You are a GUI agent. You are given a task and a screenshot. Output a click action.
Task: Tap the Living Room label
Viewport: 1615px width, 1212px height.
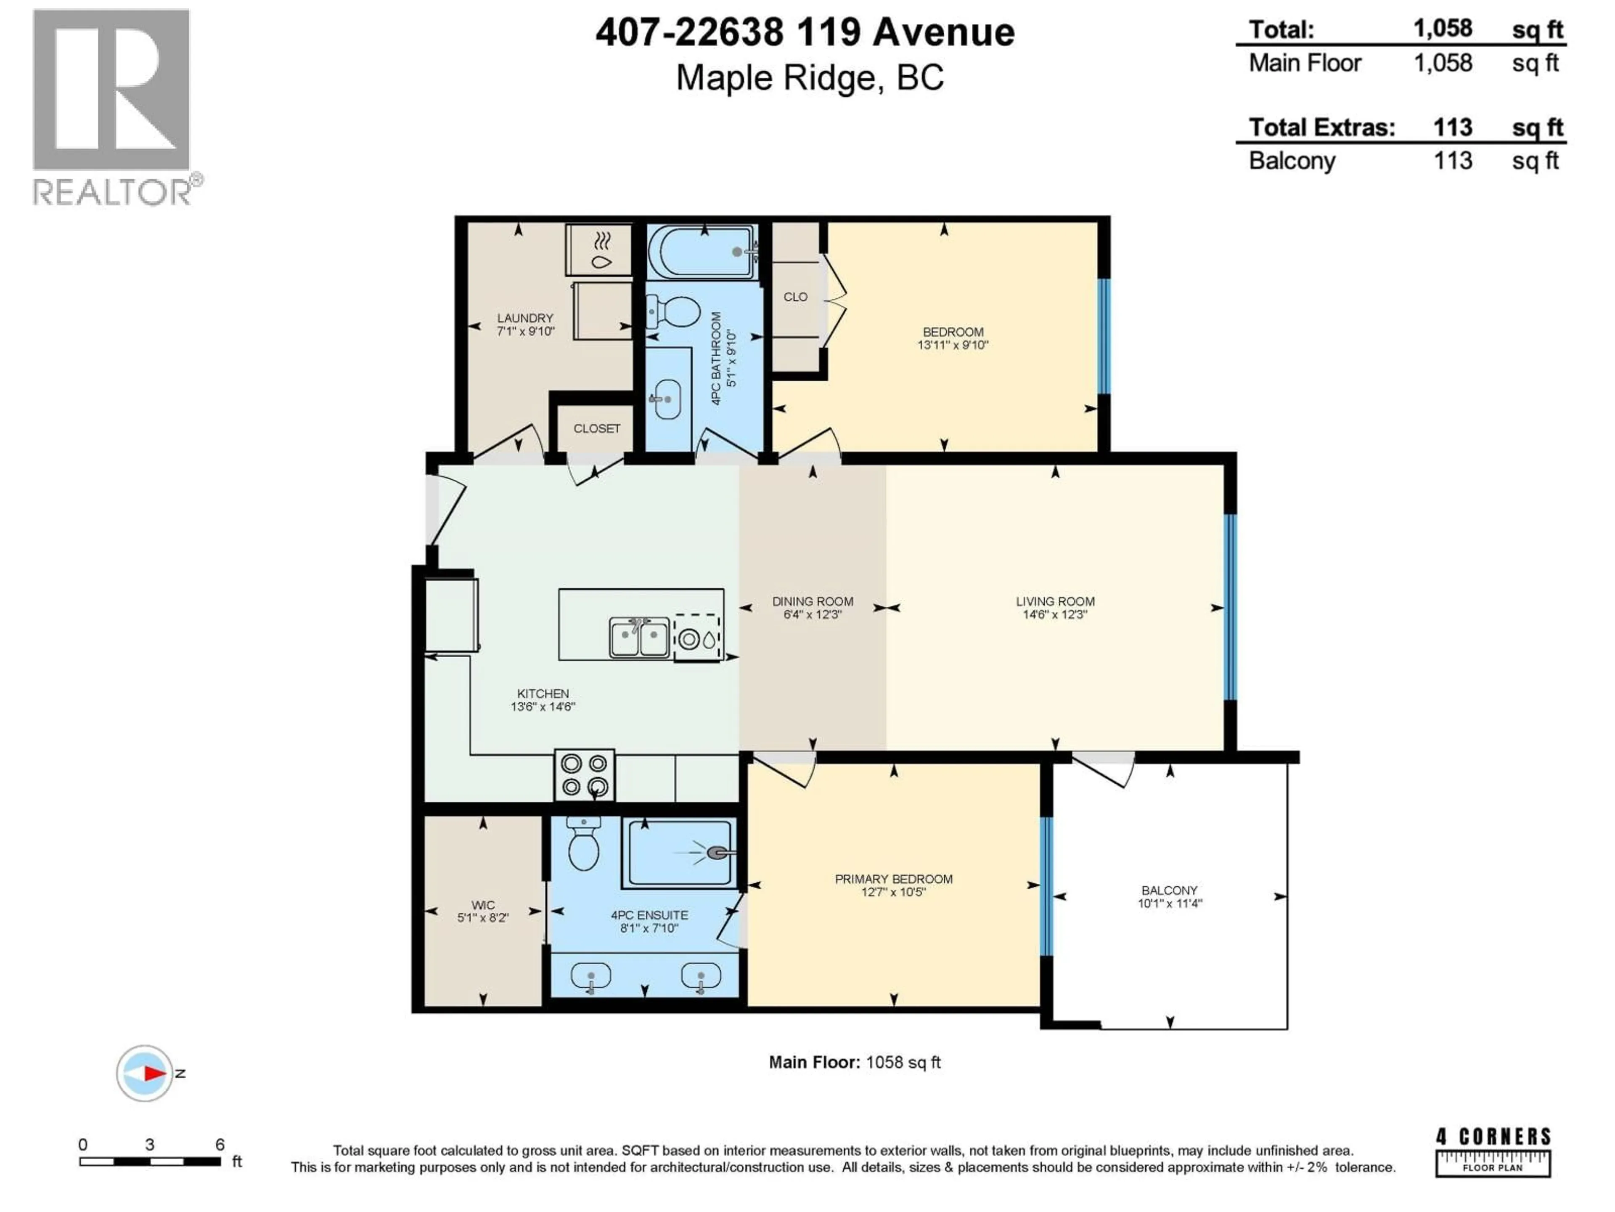(1055, 601)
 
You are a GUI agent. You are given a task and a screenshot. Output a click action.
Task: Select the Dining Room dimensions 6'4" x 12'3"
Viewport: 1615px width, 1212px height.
(813, 614)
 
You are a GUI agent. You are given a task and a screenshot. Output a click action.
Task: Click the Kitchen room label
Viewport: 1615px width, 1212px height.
(543, 693)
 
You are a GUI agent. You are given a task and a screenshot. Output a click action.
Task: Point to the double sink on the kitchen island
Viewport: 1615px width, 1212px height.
(640, 637)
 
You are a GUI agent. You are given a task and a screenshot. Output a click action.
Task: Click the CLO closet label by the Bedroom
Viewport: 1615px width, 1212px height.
(795, 297)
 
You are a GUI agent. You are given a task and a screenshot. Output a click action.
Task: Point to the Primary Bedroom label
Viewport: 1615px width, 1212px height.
(894, 879)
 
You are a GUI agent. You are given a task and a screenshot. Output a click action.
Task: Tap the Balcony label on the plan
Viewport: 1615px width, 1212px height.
(1170, 890)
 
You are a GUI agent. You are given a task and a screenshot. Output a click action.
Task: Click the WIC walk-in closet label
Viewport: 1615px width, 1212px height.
(482, 905)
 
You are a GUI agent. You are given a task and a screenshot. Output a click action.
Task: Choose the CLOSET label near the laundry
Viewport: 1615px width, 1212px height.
(596, 428)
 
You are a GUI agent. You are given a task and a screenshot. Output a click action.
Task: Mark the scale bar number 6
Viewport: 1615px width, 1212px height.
(220, 1145)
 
